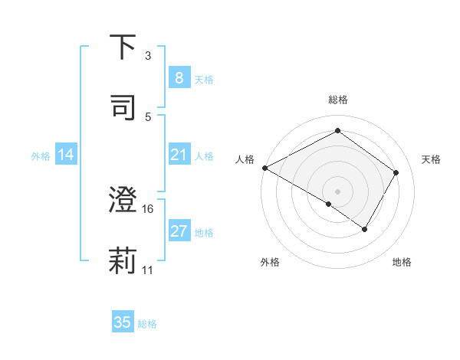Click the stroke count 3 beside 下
click(x=148, y=56)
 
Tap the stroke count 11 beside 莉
click(x=148, y=270)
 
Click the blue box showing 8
click(x=179, y=78)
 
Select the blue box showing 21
click(x=179, y=155)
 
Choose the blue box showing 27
click(x=179, y=231)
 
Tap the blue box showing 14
click(x=66, y=155)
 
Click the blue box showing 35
click(x=123, y=322)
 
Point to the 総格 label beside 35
click(x=147, y=324)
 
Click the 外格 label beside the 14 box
click(x=41, y=156)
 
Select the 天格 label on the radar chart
click(x=432, y=159)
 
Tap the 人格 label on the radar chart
click(x=245, y=159)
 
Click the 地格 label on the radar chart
click(x=402, y=262)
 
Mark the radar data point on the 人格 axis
click(x=264, y=168)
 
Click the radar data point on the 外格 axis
click(x=329, y=204)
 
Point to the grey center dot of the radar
click(x=337, y=191)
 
